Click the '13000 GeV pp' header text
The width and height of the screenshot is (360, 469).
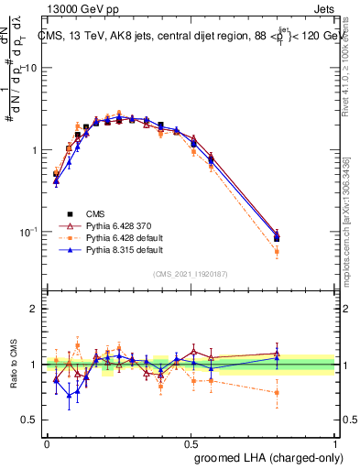tap(79, 8)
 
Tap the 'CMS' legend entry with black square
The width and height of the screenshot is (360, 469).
tap(84, 212)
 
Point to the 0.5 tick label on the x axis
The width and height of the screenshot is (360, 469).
tap(191, 443)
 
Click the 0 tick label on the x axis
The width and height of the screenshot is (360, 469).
tap(47, 443)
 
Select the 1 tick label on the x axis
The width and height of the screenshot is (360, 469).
tap(336, 443)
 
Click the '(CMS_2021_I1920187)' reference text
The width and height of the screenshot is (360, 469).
tap(191, 273)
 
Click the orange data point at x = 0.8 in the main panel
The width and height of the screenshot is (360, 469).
tap(277, 250)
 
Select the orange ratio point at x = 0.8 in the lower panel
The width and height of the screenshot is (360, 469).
tap(277, 392)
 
